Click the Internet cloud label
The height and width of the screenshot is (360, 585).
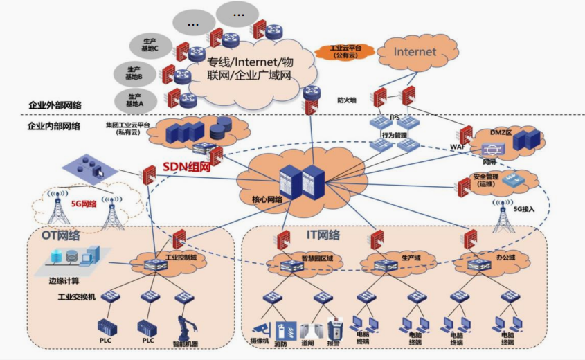point(415,52)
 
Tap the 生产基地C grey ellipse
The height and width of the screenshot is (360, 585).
point(147,45)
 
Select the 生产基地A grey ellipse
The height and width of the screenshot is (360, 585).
point(136,99)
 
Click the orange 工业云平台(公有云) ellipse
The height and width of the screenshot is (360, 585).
point(345,51)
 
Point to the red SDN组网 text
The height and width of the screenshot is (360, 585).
point(188,166)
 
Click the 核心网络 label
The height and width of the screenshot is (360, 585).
point(267,199)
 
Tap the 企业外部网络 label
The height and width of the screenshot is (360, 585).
point(55,105)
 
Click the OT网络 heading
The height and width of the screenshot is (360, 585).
point(61,235)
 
